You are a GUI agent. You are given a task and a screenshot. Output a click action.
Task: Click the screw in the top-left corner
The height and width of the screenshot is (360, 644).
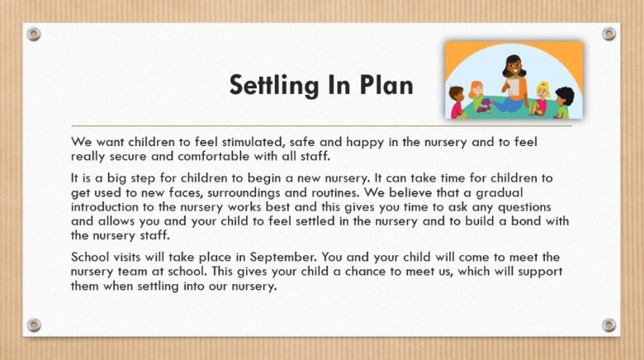(x=34, y=34)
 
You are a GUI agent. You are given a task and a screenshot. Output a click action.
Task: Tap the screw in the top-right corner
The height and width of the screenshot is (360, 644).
(x=609, y=34)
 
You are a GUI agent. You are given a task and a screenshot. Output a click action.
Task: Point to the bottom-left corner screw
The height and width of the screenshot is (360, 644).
(x=34, y=325)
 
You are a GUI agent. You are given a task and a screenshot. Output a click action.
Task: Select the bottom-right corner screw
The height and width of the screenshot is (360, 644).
(x=609, y=325)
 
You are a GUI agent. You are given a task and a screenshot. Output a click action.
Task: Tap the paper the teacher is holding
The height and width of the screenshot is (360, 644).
(x=514, y=86)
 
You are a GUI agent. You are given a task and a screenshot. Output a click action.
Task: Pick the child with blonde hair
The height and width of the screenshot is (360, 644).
(x=542, y=92)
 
